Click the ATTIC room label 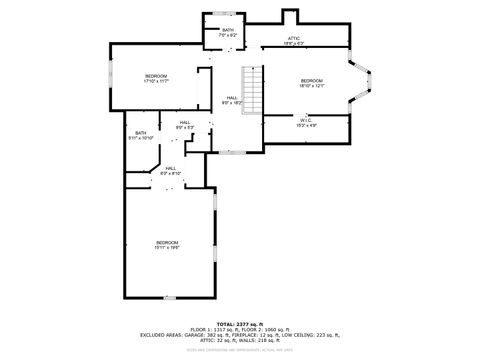293,39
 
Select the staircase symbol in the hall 253,91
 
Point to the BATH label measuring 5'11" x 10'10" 140,134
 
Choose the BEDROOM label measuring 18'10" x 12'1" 311,81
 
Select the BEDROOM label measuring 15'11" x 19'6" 166,243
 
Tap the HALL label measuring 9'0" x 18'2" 231,98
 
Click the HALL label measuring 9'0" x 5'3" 184,123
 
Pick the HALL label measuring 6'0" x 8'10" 170,169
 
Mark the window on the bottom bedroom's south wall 169,298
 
